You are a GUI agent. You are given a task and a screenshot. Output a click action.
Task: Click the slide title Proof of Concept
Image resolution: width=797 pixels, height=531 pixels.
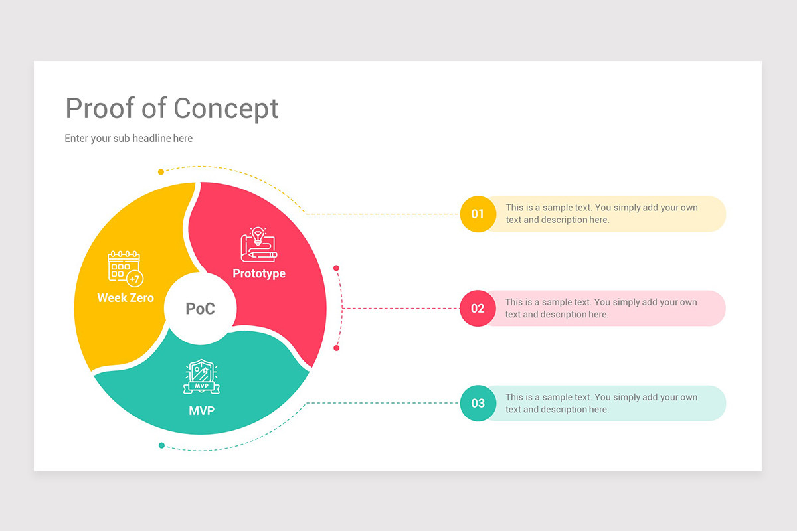[x=172, y=108]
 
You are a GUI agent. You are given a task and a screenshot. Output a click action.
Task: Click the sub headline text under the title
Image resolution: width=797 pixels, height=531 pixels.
[x=129, y=139]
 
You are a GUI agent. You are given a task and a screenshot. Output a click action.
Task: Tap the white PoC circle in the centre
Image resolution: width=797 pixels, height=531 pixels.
[x=200, y=309]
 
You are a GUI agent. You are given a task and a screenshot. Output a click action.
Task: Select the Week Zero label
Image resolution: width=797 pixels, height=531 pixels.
[x=126, y=298]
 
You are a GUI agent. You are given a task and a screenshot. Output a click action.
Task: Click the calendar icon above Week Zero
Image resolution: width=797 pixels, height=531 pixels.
[x=125, y=267]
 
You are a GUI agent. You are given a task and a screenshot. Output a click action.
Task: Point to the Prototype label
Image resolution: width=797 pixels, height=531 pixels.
[x=259, y=273]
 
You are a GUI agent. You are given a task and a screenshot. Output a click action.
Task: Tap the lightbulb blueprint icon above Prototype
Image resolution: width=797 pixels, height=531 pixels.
[x=259, y=245]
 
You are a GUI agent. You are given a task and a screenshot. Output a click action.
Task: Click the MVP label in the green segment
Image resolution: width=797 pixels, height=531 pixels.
[x=202, y=411]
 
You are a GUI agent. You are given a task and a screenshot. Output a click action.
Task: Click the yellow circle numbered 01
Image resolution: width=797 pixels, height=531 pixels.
[x=478, y=214]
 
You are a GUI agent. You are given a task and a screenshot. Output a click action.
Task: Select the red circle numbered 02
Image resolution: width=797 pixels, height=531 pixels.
[x=478, y=309]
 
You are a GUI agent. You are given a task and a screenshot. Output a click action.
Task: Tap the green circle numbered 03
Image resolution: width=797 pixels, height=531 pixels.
[x=478, y=403]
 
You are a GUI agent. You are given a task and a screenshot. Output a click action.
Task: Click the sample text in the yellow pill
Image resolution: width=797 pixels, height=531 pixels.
[x=602, y=214]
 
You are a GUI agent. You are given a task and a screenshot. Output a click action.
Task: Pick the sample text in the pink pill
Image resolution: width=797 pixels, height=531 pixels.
[x=601, y=308]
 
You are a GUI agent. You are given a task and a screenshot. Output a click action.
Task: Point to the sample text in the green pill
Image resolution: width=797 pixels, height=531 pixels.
[x=601, y=403]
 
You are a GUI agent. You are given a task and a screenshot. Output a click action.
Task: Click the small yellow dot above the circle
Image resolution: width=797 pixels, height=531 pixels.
[x=161, y=172]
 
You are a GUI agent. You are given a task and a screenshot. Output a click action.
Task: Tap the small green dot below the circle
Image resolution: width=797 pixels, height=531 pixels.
[x=161, y=445]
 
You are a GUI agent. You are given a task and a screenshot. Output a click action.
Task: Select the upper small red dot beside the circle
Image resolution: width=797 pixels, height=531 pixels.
[x=337, y=268]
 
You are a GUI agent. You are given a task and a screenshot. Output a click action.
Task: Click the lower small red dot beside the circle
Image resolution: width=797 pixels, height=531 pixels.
[x=337, y=348]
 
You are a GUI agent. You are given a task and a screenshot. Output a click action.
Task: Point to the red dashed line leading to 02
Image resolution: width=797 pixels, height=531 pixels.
[x=398, y=309]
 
